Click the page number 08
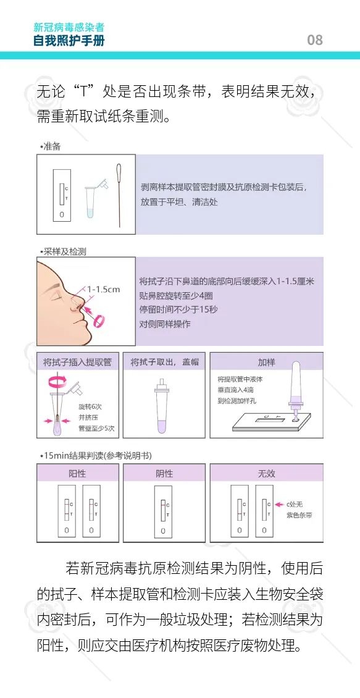[314, 40]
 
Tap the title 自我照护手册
[69, 41]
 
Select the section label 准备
[51, 146]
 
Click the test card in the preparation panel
[62, 195]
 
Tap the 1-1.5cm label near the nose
[103, 289]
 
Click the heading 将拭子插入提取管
[77, 363]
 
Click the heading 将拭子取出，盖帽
[165, 363]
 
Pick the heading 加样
[267, 363]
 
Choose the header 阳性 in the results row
[77, 474]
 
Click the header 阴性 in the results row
[164, 474]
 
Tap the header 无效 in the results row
[267, 474]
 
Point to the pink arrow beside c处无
[279, 505]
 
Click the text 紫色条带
[299, 516]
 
